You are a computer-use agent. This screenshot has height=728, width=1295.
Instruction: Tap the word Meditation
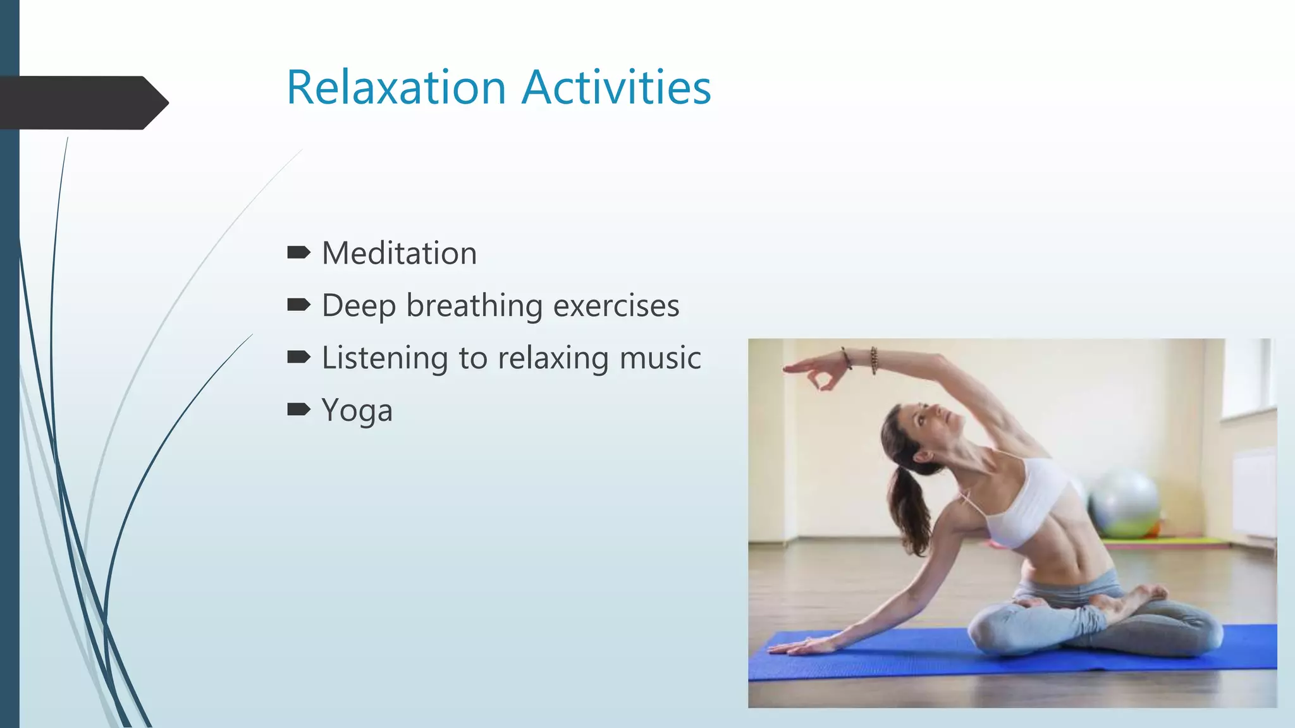tap(399, 253)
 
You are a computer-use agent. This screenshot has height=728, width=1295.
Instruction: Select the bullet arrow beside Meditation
tap(298, 253)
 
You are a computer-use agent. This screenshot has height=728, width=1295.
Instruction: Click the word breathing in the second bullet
tap(474, 306)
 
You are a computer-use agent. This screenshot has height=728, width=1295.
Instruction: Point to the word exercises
tap(616, 306)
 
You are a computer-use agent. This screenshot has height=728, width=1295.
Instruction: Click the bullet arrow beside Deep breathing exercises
tap(298, 306)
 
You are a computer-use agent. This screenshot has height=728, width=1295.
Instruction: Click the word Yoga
tap(357, 411)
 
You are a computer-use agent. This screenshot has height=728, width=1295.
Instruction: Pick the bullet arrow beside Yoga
tap(298, 410)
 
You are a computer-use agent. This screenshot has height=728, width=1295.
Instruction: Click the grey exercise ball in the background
tap(1125, 503)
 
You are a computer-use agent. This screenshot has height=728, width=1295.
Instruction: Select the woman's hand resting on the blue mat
tap(800, 646)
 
